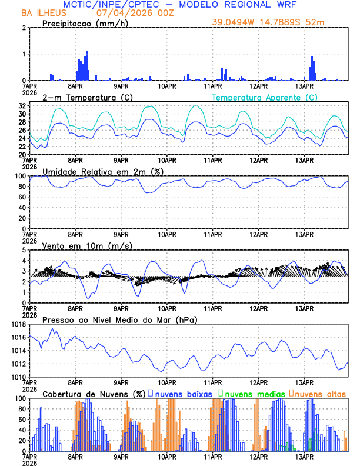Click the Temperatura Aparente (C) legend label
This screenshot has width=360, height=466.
pyautogui.click(x=264, y=97)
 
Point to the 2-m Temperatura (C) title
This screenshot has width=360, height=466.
pyautogui.click(x=82, y=97)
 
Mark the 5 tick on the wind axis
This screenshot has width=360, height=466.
pyautogui.click(x=25, y=250)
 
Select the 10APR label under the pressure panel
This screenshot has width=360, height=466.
pyautogui.click(x=167, y=382)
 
